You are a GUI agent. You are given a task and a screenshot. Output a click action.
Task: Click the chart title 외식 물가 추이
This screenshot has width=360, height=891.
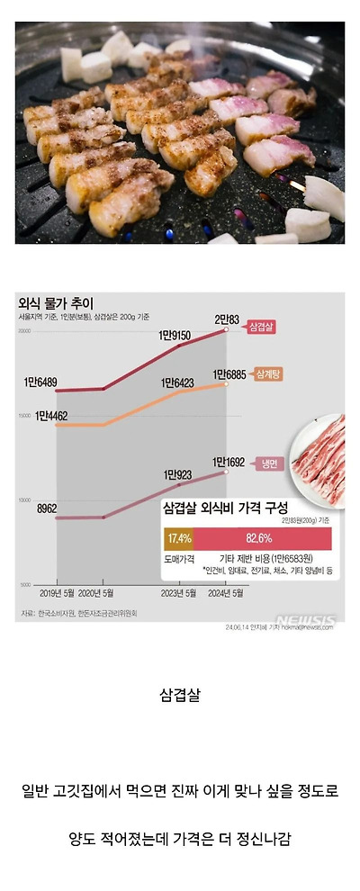pos(55,303)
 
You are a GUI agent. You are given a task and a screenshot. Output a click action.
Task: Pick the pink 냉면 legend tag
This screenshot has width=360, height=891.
pos(269,463)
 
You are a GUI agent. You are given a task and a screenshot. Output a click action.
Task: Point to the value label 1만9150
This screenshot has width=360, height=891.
pos(175,336)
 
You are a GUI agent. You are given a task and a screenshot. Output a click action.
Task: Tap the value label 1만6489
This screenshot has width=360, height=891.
pos(42,382)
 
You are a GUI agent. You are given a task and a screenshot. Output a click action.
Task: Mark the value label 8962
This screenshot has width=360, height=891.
pos(47,508)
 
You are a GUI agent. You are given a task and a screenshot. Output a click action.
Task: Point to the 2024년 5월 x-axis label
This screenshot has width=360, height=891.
pos(226,594)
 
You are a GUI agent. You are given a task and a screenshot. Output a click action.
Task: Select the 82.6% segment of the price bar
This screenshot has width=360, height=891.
pos(260,539)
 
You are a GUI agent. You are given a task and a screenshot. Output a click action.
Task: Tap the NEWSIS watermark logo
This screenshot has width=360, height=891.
pos(305,619)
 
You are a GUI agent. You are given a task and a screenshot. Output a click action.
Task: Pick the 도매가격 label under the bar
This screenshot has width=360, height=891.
pos(179,559)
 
